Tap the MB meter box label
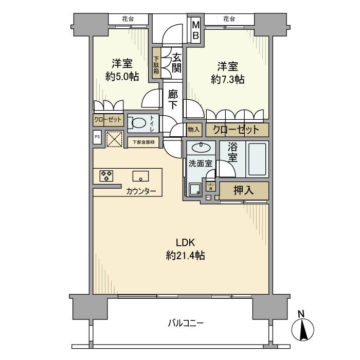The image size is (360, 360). [x=196, y=30]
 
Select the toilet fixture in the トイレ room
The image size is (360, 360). [x=137, y=123]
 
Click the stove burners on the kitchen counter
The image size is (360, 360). [x=106, y=176]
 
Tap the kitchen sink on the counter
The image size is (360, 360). [x=140, y=176]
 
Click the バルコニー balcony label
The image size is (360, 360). [x=186, y=323]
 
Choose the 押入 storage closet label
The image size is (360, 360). [x=244, y=190]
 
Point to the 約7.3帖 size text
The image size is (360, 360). [x=227, y=80]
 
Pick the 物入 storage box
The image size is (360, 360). [x=193, y=130]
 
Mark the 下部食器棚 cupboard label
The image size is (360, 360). [x=143, y=142]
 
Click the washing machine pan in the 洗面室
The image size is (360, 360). [x=195, y=189]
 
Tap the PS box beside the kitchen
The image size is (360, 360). [x=97, y=138]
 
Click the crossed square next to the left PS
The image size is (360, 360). [x=114, y=138]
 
